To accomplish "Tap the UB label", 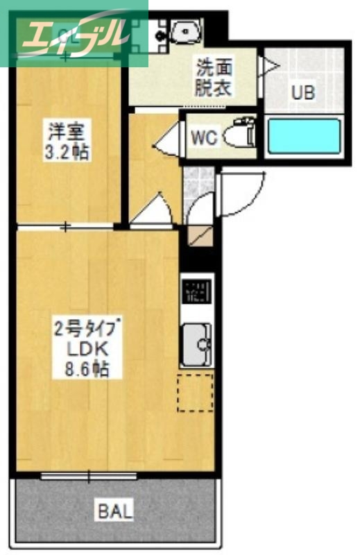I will pyautogui.click(x=302, y=92).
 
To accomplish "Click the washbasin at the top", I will pyautogui.click(x=184, y=30).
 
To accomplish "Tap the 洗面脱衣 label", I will pyautogui.click(x=213, y=78).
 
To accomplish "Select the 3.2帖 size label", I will pyautogui.click(x=66, y=153).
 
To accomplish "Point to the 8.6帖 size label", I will pyautogui.click(x=81, y=370).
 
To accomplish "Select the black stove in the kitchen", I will pyautogui.click(x=196, y=292).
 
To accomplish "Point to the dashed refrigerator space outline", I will pyautogui.click(x=195, y=392).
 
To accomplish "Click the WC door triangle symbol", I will pyautogui.click(x=166, y=142).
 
